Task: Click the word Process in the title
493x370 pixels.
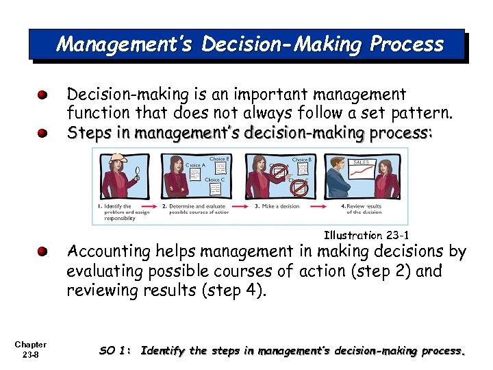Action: (407, 45)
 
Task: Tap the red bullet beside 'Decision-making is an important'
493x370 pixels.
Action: (42, 94)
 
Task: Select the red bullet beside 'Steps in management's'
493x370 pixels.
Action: (42, 132)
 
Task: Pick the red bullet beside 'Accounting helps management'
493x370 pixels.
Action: (42, 252)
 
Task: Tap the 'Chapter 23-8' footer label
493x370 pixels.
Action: (30, 349)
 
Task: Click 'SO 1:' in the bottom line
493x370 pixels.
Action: (114, 351)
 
